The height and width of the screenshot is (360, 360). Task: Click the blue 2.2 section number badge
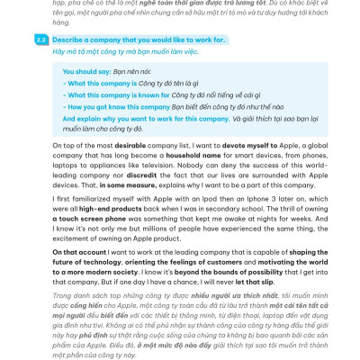click(x=40, y=40)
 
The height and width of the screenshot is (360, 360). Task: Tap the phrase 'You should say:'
click(x=87, y=70)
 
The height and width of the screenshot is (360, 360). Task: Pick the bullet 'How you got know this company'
click(x=117, y=105)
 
